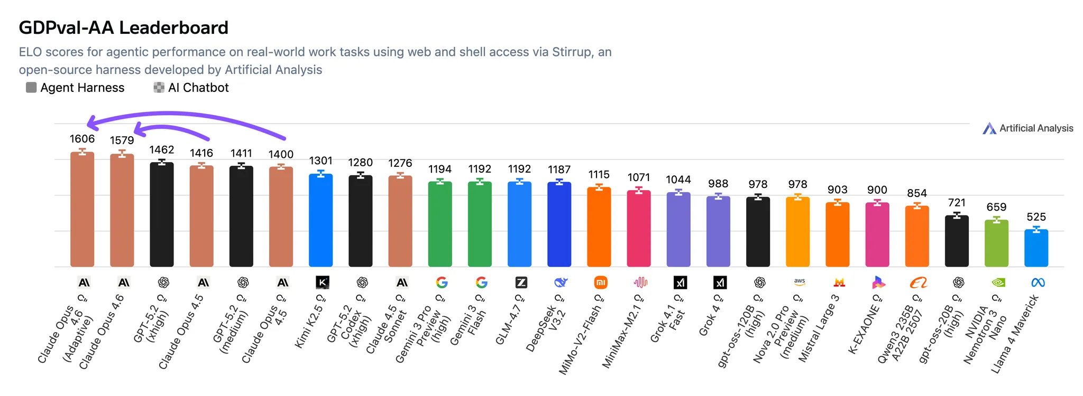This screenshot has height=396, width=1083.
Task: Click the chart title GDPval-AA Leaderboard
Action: [x=123, y=27]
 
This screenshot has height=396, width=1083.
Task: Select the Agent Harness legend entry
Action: [x=75, y=88]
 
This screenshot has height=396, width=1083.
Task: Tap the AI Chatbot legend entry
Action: [x=191, y=88]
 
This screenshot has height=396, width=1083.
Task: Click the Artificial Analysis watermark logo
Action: [x=1027, y=128]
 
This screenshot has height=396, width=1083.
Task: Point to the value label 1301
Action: [x=320, y=161]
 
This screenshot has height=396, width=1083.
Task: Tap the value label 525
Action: [x=1036, y=217]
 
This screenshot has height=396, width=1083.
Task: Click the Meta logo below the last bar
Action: [x=1038, y=282]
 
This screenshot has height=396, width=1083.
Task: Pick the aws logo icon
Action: [x=799, y=282]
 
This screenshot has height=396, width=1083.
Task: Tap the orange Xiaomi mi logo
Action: [x=600, y=282]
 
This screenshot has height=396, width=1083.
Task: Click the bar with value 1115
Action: [x=599, y=227]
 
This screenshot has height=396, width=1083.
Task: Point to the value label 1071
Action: [x=638, y=177]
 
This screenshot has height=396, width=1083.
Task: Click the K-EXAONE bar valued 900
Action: [x=877, y=234]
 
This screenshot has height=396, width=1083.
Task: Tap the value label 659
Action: [x=996, y=207]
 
